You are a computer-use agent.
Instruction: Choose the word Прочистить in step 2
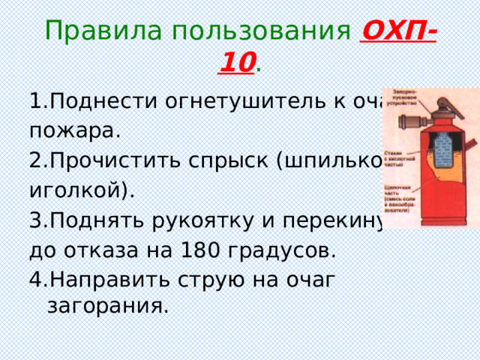pyautogui.click(x=106, y=160)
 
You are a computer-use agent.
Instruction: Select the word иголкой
pyautogui.click(x=80, y=190)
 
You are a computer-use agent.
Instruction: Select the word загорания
pyautogui.click(x=107, y=306)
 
